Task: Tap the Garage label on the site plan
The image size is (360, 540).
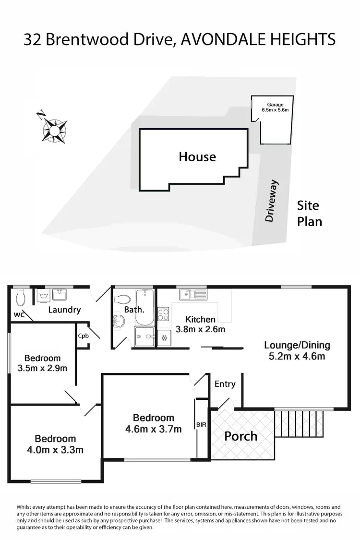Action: click(x=275, y=105)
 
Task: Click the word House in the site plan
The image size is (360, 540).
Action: click(x=197, y=157)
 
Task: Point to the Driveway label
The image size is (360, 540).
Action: click(x=271, y=201)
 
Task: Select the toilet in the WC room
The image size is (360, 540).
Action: click(x=21, y=297)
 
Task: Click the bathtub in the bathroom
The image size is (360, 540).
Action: click(x=144, y=307)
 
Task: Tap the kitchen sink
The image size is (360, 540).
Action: click(x=193, y=294)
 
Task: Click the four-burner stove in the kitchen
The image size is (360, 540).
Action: click(x=163, y=314)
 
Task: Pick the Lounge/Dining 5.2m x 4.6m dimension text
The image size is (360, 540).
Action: click(x=297, y=356)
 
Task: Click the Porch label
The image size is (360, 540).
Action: click(x=241, y=436)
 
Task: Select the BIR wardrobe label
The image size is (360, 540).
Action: click(x=201, y=425)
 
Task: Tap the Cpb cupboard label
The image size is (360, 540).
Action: click(x=84, y=336)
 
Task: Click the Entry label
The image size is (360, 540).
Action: click(x=225, y=384)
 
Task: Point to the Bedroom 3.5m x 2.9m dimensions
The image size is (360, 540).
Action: click(x=42, y=368)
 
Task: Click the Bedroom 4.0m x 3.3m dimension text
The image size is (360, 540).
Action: click(x=55, y=450)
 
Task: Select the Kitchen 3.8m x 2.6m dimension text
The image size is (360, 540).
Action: click(x=200, y=329)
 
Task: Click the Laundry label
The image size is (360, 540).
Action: click(x=64, y=310)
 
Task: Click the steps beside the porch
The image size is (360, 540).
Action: click(x=299, y=423)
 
